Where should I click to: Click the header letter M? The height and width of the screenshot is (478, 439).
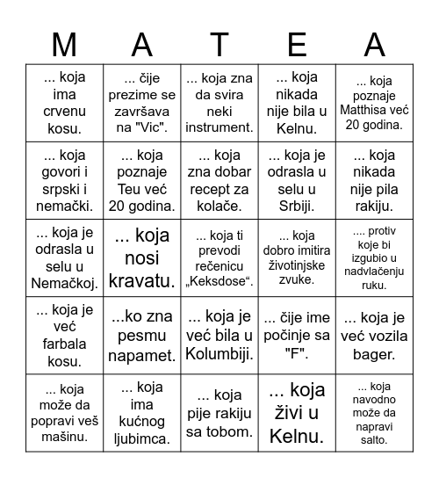point(64,43)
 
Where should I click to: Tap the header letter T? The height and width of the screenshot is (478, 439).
point(219,43)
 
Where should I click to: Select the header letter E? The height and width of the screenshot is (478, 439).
point(298,43)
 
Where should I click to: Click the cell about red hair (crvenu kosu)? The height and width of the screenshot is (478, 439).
point(64,103)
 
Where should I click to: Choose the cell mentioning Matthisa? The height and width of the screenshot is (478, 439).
point(375,103)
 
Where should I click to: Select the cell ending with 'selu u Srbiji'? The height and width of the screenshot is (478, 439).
point(297,181)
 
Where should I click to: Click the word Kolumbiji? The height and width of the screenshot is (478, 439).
point(219,354)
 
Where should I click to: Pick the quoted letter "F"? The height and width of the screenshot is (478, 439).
point(297,354)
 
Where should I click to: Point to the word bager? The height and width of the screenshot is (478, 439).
point(373,354)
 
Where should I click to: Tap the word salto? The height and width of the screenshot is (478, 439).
point(375,440)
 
